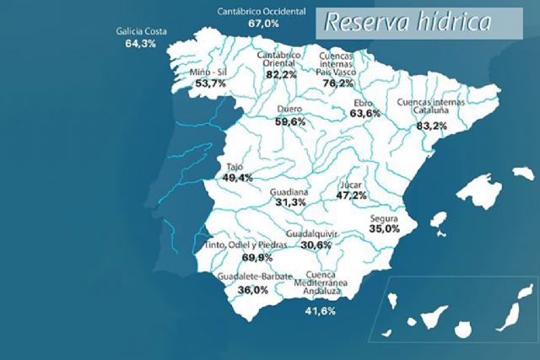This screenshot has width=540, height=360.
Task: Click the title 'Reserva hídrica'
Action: (x=408, y=23)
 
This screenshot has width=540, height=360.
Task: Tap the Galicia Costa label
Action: (x=142, y=32)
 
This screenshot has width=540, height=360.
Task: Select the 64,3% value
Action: (x=142, y=43)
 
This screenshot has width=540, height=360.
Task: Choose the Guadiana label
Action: (x=291, y=192)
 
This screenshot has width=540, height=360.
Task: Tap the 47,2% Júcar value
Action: (x=351, y=195)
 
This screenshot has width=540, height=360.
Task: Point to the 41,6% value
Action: (x=321, y=311)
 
